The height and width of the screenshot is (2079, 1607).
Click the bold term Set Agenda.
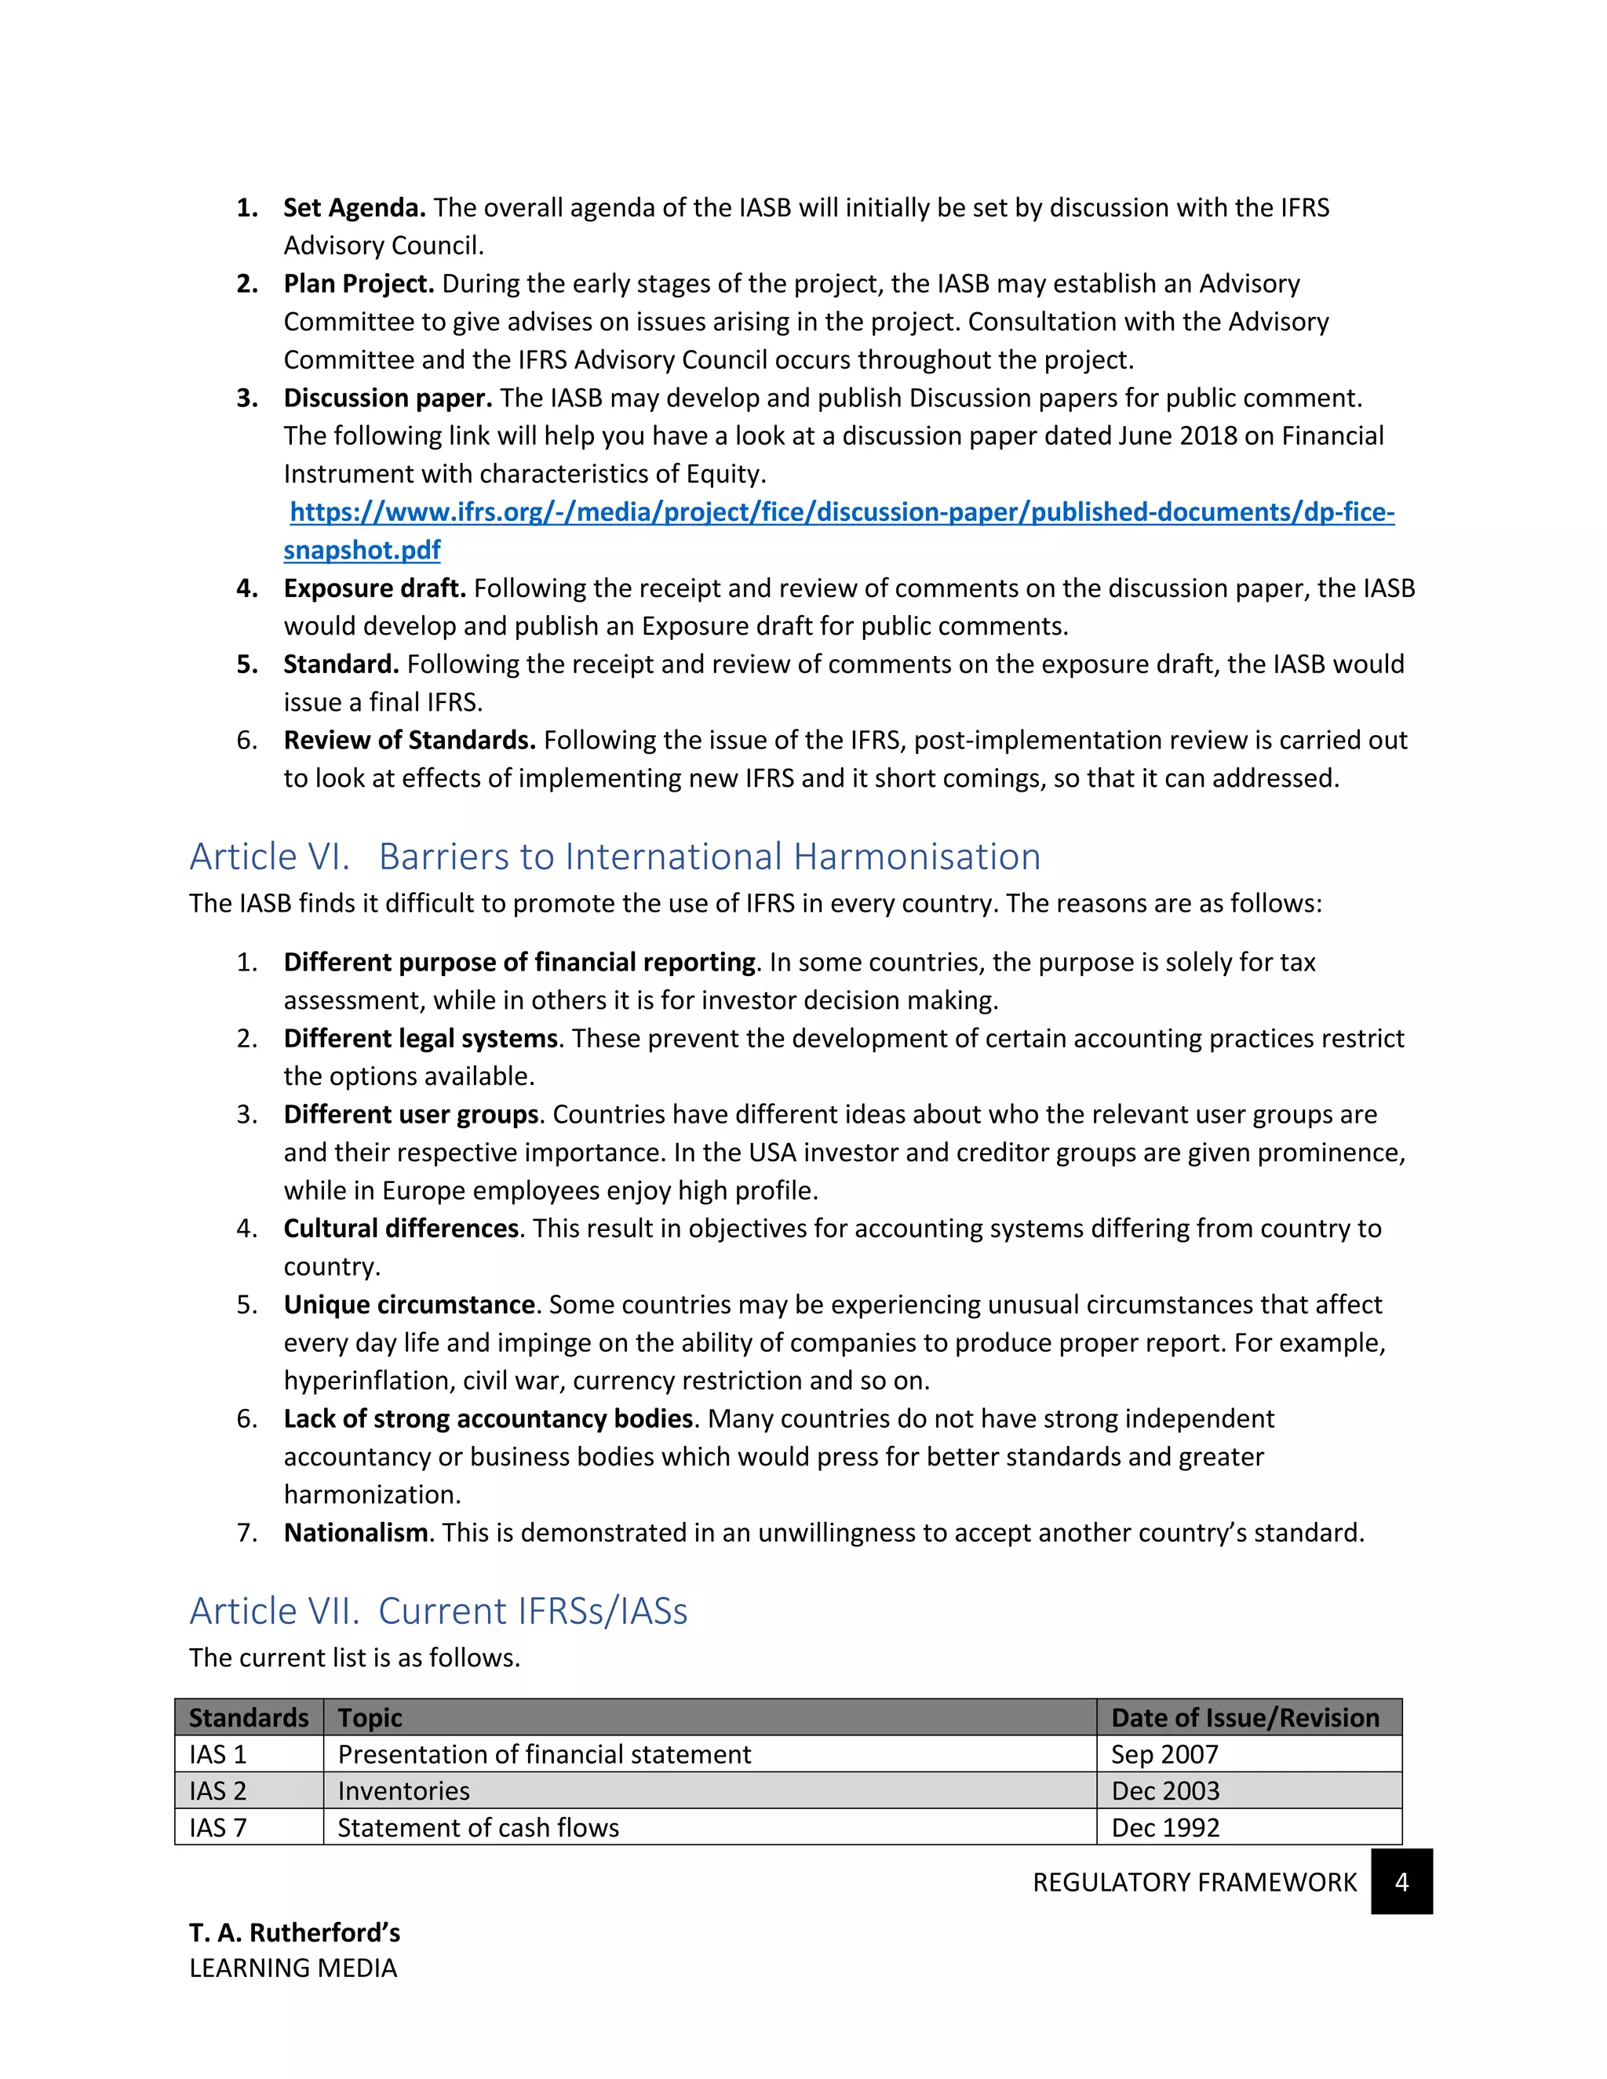354,208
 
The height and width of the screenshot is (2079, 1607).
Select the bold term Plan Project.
359,284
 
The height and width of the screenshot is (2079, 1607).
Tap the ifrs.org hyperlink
842,512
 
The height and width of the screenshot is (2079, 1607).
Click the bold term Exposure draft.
374,588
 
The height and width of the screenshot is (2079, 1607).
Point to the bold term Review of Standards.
410,741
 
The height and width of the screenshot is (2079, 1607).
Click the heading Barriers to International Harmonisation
709,857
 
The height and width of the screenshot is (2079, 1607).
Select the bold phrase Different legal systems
420,1039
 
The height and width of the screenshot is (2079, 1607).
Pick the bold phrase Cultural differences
401,1229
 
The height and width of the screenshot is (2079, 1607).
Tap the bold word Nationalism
355,1534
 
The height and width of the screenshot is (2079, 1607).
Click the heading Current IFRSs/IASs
532,1611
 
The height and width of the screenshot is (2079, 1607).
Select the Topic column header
370,1718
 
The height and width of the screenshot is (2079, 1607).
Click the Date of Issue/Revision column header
1244,1718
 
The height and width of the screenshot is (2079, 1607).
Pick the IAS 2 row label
218,1792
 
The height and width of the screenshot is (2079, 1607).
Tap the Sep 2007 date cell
1164,1754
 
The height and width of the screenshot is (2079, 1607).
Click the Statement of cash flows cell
478,1828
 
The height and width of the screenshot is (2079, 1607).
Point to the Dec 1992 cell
1165,1828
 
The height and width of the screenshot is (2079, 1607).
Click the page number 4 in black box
1401,1882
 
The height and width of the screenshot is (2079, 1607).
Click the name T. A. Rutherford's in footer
294,1933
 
